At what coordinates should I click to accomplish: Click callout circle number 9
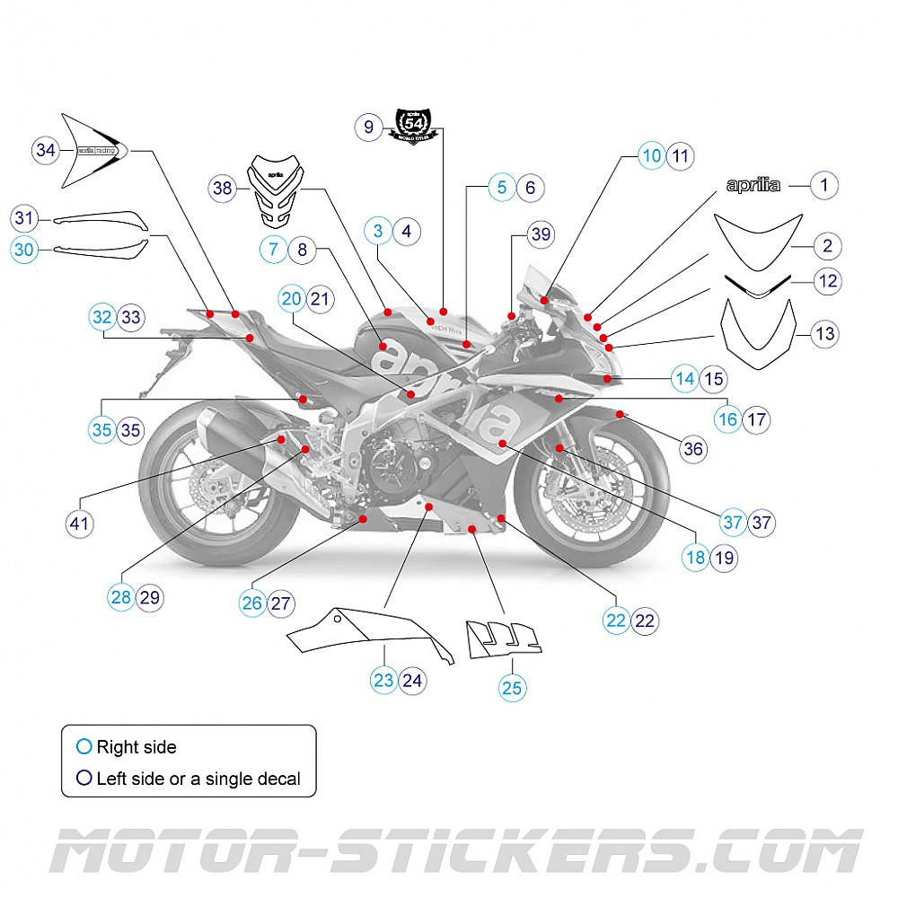368,127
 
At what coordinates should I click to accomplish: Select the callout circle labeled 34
46,150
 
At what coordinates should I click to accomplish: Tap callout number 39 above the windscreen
540,234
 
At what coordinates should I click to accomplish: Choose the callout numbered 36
693,448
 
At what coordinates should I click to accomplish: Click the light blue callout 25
513,688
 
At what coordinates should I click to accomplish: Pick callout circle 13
823,333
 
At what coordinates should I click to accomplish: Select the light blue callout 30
24,249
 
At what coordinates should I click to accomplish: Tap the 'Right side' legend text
136,747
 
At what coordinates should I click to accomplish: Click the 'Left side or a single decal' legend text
198,779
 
